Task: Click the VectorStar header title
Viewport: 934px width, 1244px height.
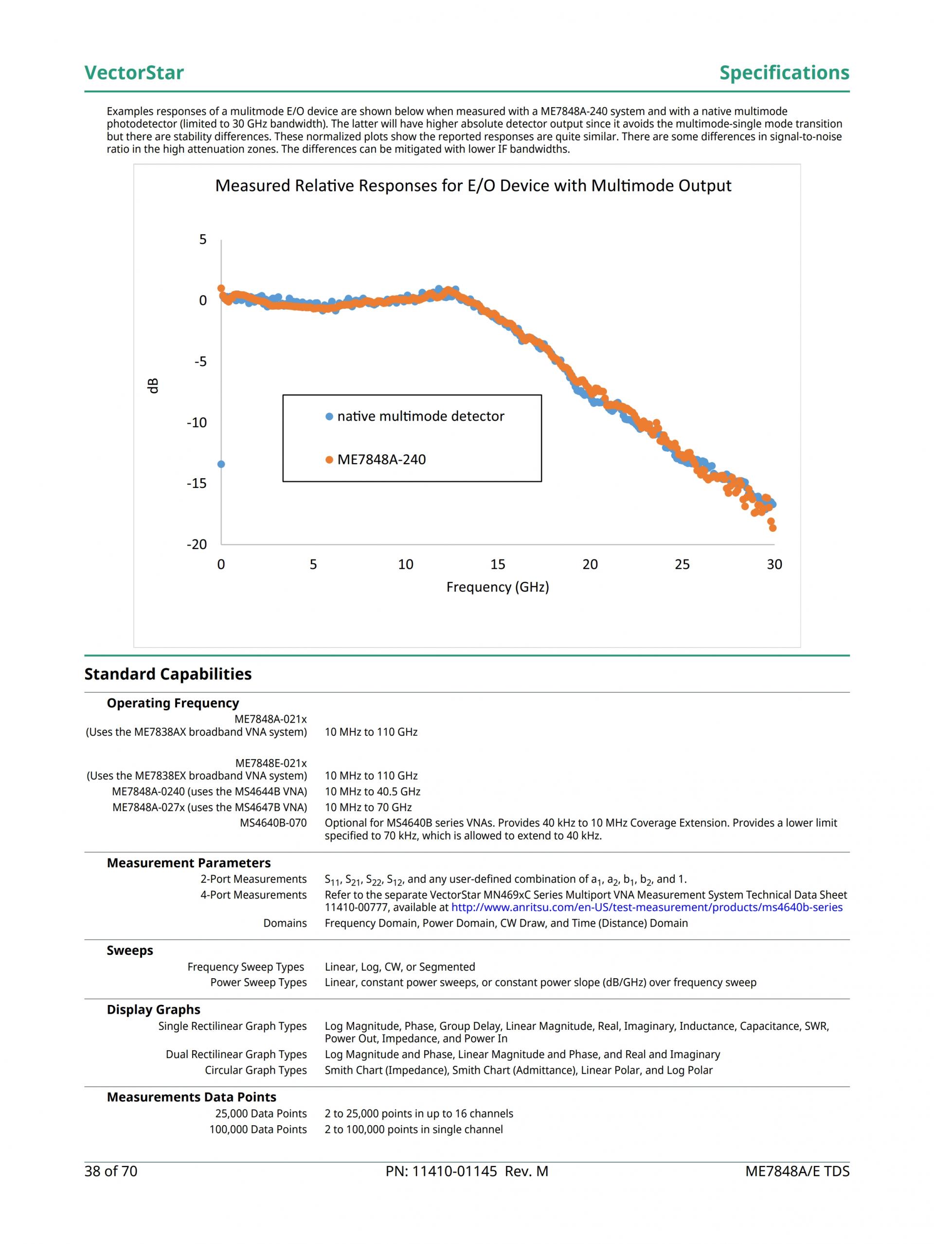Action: point(134,73)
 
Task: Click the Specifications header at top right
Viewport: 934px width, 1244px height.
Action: point(784,73)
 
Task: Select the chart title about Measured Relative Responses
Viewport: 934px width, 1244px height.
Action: point(473,186)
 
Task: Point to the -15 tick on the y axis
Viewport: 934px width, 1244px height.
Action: point(197,483)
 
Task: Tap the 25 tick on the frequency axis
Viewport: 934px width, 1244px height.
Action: point(682,564)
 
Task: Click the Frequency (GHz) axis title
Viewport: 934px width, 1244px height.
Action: point(497,587)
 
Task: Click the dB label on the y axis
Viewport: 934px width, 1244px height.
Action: point(153,385)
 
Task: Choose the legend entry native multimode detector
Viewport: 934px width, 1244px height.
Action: point(420,416)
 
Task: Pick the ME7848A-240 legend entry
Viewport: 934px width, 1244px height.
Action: point(381,460)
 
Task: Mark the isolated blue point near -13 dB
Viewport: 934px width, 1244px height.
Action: point(221,464)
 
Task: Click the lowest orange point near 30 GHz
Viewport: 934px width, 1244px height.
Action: point(772,528)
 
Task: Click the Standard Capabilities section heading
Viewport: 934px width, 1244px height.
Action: point(167,674)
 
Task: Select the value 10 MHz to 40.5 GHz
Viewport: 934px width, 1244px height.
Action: point(373,791)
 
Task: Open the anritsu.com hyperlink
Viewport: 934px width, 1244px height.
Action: point(647,907)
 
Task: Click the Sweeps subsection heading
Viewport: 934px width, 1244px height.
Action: point(130,950)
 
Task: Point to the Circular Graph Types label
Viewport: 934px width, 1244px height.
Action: point(256,1070)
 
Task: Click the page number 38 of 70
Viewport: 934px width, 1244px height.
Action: point(111,1171)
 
